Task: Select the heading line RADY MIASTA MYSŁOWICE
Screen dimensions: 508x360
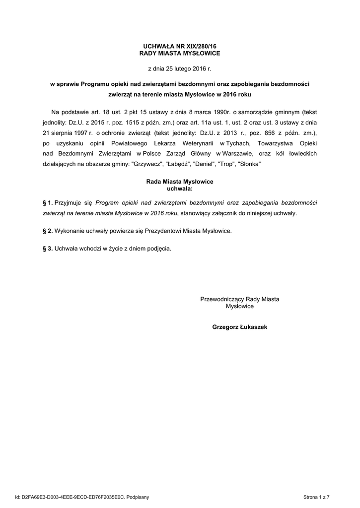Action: click(179, 53)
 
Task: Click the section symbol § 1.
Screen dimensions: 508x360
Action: click(48, 203)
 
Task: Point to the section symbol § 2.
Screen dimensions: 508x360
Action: click(48, 231)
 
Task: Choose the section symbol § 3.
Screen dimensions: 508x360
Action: click(48, 249)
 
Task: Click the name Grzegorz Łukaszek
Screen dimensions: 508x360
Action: click(239, 327)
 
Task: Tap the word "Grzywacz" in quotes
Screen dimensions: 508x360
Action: click(147, 164)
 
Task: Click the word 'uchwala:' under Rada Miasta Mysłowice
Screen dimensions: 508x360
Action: click(179, 189)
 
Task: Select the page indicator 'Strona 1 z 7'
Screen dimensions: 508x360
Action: click(316, 497)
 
